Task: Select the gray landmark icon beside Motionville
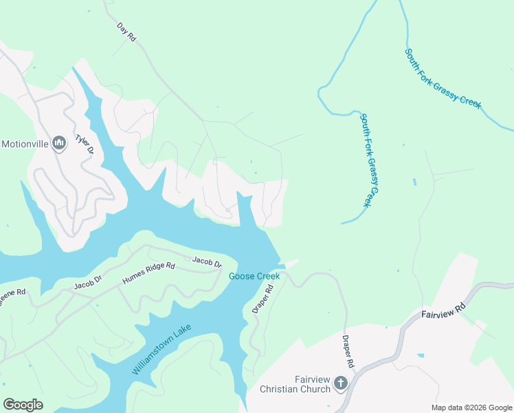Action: pos(58,143)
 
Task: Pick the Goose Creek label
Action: pos(254,276)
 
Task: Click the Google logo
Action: pos(23,405)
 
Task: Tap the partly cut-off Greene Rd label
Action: pos(12,293)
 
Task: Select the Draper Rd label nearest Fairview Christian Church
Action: pos(348,351)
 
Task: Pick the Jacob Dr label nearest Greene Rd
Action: pos(88,280)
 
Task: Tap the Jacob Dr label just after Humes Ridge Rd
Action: pos(207,262)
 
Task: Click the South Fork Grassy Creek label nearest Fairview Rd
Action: pos(443,78)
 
